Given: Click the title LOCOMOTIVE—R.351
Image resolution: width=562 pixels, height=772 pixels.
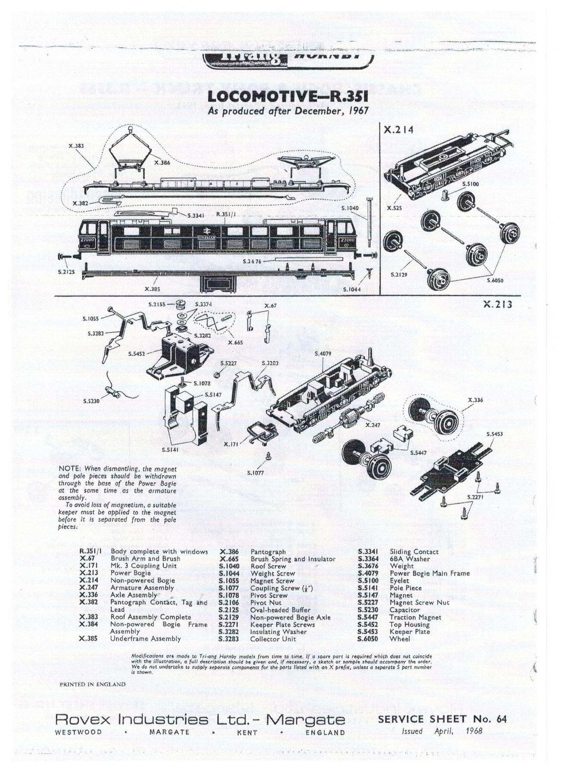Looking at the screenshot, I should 288,97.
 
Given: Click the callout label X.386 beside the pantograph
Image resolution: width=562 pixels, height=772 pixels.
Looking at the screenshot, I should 162,163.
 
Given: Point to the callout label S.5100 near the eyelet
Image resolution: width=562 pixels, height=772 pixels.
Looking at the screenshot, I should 470,184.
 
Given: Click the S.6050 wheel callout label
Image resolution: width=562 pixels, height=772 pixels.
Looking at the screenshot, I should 495,280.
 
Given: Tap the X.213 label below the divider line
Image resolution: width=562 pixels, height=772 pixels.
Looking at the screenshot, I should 498,304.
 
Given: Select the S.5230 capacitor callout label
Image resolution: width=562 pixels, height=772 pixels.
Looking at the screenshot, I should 91,401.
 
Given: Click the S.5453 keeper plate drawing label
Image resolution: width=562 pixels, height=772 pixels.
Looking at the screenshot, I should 495,433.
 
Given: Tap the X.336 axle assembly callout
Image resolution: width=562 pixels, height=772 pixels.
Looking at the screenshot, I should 476,400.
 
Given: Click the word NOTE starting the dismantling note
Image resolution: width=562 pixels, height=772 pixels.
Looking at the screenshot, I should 69,468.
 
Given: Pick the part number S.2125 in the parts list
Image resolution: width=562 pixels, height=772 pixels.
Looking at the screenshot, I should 228,610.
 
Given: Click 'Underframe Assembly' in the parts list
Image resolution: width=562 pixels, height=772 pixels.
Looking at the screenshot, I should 145,639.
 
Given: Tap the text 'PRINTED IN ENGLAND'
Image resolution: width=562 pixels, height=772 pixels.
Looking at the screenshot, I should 93,684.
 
